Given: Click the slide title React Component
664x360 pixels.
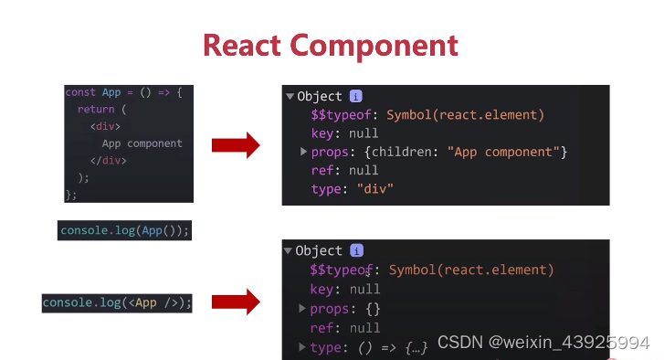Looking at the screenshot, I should pos(330,45).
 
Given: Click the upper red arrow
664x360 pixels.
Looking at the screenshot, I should pos(236,144).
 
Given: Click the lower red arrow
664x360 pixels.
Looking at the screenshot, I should pos(236,302).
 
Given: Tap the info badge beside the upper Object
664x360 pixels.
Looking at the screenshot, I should pos(356,96).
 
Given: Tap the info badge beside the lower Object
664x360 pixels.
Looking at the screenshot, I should pos(356,250).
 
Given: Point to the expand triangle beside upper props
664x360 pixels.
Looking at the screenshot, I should pos(303,152).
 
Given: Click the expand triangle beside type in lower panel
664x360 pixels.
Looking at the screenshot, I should pos(302,347).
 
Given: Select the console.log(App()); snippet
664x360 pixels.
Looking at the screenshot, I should pos(125,230).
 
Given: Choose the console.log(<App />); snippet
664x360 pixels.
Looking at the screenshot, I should pos(117,302).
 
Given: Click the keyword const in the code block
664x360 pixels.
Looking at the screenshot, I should pos(80,92).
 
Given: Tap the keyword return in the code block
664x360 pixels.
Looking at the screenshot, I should pos(96,109).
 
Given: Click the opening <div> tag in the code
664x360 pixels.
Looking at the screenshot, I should pos(105,126).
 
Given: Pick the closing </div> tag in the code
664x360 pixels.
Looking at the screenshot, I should pos(108,161).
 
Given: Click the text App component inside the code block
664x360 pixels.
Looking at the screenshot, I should pos(142,143).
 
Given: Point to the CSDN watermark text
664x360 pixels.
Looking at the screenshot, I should pos(543,343).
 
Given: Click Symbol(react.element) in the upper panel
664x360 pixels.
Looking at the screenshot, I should pos(465,114).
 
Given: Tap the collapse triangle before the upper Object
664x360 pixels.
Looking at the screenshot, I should pos(290,96).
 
